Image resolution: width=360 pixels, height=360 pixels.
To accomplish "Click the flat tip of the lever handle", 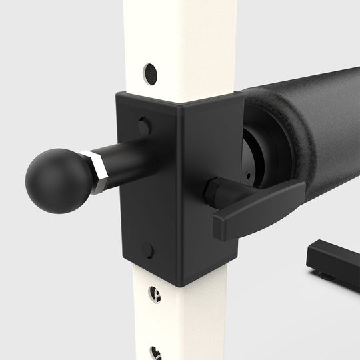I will tap(223, 226).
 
